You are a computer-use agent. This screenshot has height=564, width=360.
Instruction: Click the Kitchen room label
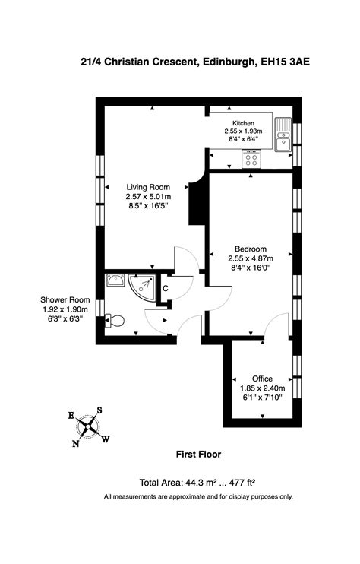tap(243, 123)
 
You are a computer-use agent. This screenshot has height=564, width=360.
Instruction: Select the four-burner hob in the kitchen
tap(251, 159)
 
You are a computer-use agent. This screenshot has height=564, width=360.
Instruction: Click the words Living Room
tap(148, 187)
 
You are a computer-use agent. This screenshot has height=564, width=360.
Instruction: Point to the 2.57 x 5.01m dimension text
tap(148, 196)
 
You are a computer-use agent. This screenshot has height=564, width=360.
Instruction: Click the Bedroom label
tap(250, 249)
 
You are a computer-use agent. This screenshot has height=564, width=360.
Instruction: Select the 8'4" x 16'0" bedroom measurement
tap(250, 268)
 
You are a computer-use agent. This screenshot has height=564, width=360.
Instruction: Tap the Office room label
tap(262, 378)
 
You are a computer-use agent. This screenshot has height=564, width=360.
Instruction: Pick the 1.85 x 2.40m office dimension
tap(262, 387)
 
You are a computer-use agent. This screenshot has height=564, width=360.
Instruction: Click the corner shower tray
tap(141, 287)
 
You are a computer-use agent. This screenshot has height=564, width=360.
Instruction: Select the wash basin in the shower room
tap(115, 281)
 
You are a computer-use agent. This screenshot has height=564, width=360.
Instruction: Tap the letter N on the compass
tap(76, 444)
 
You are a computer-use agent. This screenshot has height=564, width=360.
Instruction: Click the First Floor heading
tap(198, 455)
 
